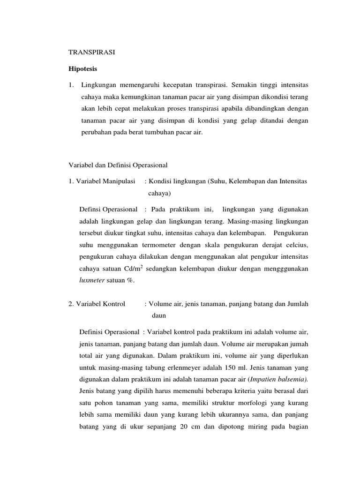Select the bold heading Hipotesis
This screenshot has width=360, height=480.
click(84, 69)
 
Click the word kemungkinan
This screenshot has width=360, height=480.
click(133, 97)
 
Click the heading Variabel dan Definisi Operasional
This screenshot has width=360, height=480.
click(118, 165)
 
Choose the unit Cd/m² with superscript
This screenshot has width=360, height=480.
click(132, 269)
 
